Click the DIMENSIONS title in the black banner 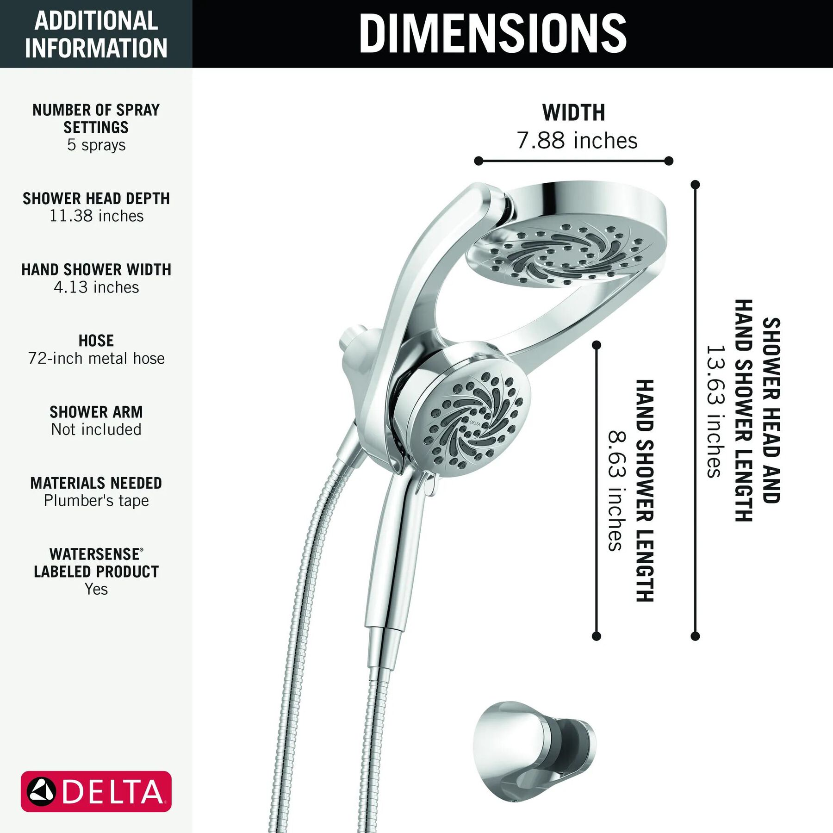click(x=492, y=33)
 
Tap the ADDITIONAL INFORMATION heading click(x=96, y=34)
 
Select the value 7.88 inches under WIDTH click(x=577, y=140)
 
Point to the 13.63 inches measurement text click(x=714, y=411)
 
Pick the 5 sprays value click(x=96, y=145)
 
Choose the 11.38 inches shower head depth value click(x=96, y=216)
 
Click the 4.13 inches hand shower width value click(x=96, y=287)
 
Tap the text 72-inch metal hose click(x=96, y=358)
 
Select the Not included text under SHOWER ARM click(x=96, y=429)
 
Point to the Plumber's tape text click(x=96, y=501)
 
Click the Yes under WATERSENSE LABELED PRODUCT click(x=96, y=589)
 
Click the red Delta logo click(x=96, y=791)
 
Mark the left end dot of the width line click(x=479, y=161)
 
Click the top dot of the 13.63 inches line click(x=695, y=185)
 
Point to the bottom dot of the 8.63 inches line click(x=597, y=636)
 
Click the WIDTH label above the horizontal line click(x=574, y=113)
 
